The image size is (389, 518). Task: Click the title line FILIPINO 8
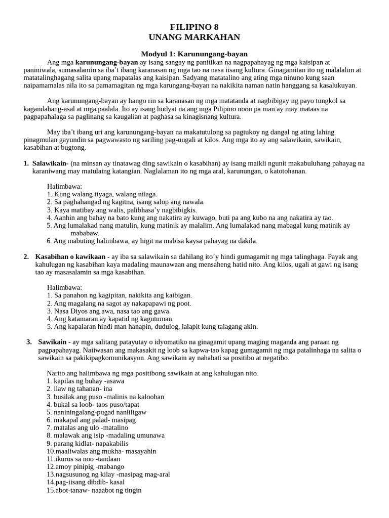194,27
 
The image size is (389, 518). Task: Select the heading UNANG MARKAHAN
194,37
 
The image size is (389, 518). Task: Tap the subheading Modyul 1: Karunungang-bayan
194,54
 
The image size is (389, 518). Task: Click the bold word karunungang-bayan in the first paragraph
106,62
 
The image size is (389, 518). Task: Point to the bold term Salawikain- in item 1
50,163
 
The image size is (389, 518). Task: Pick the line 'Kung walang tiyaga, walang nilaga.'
102,194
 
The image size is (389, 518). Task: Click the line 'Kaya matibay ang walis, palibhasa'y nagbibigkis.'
122,210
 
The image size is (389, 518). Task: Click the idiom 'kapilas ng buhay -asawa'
86,381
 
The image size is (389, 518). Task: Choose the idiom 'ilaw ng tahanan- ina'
80,389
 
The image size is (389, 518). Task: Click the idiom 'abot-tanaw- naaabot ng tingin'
94,490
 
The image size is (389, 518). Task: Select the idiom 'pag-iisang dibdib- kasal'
86,482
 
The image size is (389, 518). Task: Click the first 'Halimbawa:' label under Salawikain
64,187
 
